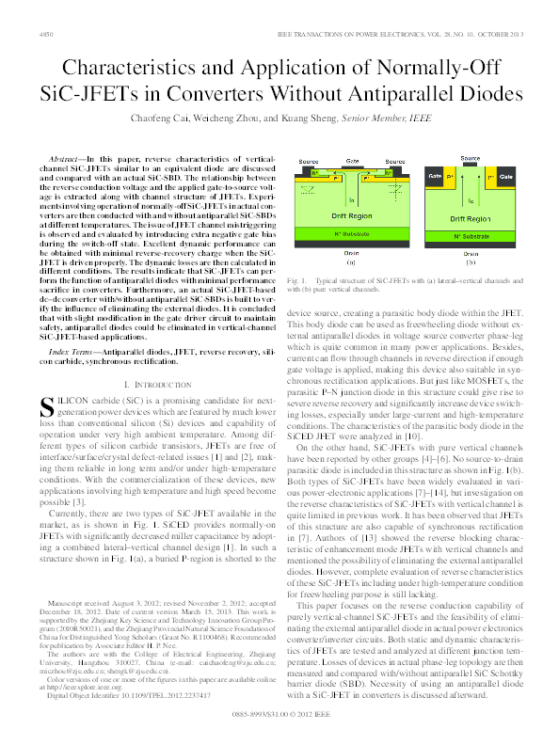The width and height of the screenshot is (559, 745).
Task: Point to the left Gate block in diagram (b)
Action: (436, 176)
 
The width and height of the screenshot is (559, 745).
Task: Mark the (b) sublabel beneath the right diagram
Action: (470, 262)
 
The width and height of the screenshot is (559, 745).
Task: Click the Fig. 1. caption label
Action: (298, 281)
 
